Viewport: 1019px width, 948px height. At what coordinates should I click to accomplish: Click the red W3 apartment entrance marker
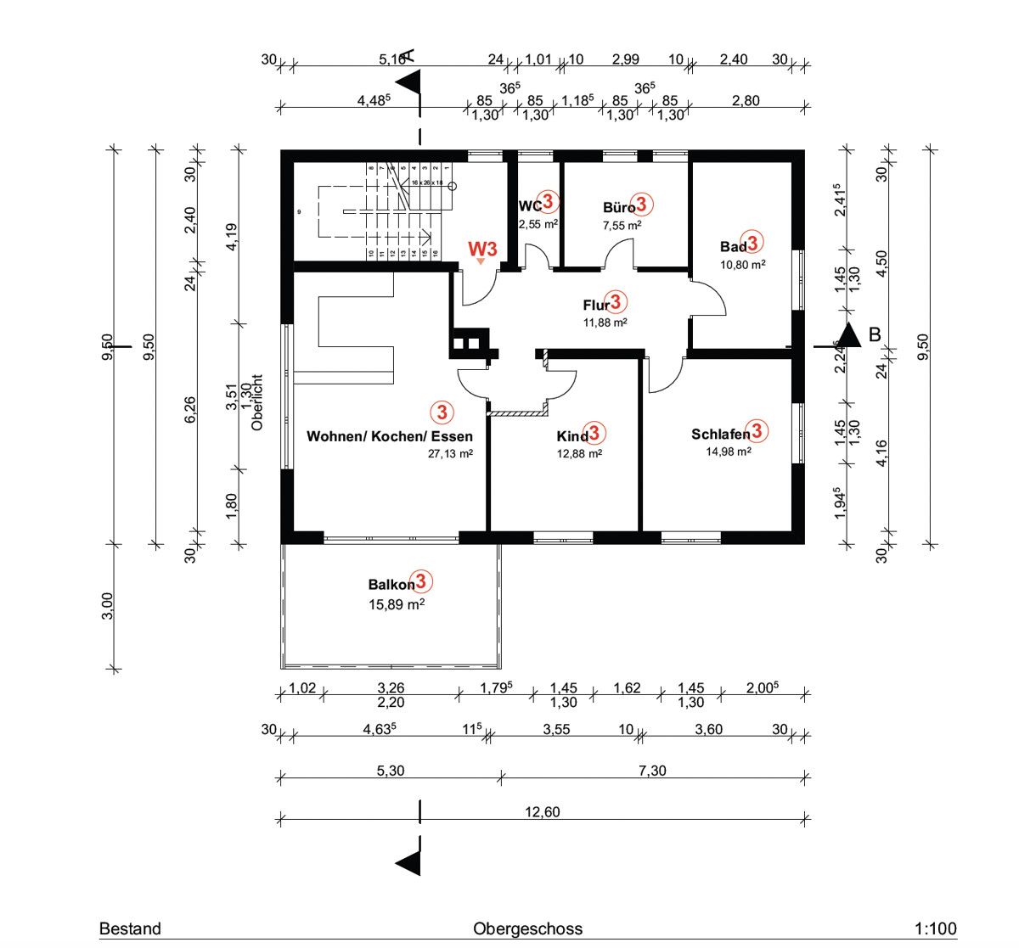pos(482,249)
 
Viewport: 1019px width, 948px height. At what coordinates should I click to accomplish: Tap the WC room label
pos(530,206)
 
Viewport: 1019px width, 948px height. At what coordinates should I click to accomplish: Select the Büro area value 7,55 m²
pos(622,226)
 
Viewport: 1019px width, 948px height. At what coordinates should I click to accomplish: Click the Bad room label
pos(733,247)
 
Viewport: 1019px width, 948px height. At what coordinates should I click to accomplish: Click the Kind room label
pos(572,436)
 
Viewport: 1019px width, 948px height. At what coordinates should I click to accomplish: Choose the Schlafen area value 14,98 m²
pos(728,452)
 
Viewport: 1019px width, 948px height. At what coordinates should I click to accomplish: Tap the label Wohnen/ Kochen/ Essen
pos(389,436)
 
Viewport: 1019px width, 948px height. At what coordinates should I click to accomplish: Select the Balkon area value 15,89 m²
pos(396,605)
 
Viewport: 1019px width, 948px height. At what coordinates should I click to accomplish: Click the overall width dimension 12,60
pos(542,812)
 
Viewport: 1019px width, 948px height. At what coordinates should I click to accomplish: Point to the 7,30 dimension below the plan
pos(651,771)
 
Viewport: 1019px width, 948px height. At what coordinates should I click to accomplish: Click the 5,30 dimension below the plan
pos(390,771)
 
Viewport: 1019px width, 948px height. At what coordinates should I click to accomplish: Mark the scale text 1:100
pos(936,928)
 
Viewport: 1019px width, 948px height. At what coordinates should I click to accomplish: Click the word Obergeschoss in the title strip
pos(527,928)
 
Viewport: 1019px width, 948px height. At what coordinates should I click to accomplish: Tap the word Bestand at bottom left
pos(130,928)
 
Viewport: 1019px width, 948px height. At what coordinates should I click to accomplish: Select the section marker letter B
pos(875,334)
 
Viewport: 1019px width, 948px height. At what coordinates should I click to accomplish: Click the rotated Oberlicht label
pos(258,403)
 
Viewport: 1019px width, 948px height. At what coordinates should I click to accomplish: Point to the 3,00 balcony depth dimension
pos(107,606)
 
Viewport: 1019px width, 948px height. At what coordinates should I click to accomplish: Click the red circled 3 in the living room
pos(442,412)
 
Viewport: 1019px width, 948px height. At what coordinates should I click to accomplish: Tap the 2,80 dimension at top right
pos(745,101)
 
